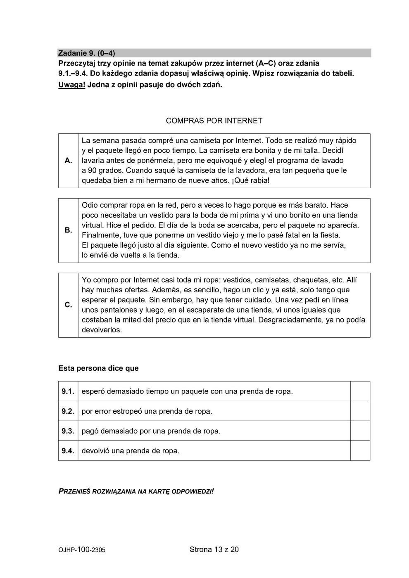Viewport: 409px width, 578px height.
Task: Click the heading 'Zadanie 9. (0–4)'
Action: point(87,53)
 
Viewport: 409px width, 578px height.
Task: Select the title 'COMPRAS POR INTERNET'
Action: point(214,121)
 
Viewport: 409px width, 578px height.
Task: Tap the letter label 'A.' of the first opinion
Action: point(69,161)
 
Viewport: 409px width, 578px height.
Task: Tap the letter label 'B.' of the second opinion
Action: point(69,230)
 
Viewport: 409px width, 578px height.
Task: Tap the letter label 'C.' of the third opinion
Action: point(69,305)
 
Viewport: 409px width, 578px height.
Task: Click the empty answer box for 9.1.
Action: point(360,391)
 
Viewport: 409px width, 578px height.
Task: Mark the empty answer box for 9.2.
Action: point(360,411)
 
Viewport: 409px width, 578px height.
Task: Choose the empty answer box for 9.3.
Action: point(360,431)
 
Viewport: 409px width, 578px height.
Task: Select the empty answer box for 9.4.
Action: point(360,451)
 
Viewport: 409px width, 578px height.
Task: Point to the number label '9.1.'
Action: point(68,391)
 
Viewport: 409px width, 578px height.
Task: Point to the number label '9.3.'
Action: point(68,431)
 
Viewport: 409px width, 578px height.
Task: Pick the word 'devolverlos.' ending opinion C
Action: point(102,330)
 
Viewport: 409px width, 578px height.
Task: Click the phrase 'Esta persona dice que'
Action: point(98,368)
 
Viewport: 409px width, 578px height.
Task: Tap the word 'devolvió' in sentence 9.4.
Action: point(95,451)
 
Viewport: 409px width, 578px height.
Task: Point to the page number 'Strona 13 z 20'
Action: point(214,550)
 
